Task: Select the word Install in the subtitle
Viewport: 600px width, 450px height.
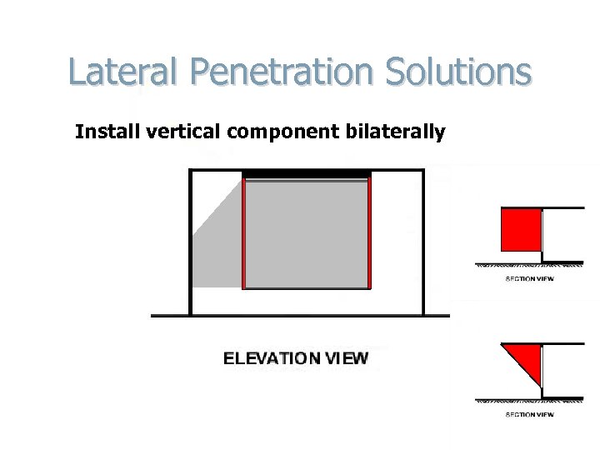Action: coord(102,132)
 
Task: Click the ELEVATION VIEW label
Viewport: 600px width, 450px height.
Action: coord(296,359)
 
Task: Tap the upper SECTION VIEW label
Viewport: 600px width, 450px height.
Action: coord(529,278)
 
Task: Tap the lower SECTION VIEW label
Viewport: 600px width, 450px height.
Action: coord(529,414)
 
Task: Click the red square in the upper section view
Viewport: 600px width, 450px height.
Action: coord(521,230)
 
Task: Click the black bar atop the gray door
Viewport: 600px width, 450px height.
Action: coord(307,174)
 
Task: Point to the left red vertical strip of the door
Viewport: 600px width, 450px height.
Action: coord(243,233)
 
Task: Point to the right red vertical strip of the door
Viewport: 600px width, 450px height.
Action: coord(369,233)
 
